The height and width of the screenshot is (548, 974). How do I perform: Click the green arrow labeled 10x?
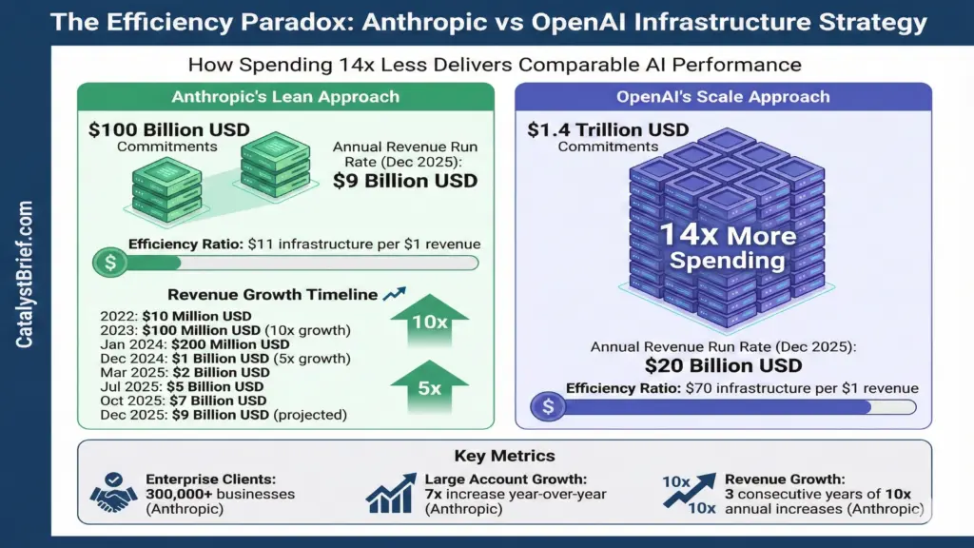click(x=429, y=321)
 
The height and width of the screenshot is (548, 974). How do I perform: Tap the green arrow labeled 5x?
click(x=429, y=386)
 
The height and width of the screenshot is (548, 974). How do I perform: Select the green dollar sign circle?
click(x=110, y=263)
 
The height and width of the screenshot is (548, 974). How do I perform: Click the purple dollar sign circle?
click(x=548, y=407)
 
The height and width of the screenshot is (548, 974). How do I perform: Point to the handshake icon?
click(x=113, y=493)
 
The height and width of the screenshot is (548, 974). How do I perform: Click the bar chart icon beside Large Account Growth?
click(x=391, y=494)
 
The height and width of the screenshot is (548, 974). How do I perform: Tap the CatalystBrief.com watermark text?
click(x=24, y=274)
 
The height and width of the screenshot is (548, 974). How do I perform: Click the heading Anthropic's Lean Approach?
click(x=285, y=97)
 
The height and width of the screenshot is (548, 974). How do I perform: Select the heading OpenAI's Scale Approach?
click(x=723, y=97)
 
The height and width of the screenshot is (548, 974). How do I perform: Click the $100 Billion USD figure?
click(x=169, y=129)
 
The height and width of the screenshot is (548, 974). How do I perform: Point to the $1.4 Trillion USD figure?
click(x=608, y=129)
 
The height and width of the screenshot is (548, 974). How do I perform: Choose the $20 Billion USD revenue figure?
click(x=723, y=365)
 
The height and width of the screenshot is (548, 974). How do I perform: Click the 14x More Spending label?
click(x=728, y=247)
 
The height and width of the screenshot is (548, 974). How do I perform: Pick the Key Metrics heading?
click(x=504, y=456)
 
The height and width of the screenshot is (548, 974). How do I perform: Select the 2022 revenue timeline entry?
click(x=176, y=316)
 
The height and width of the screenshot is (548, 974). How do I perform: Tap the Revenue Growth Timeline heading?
click(x=273, y=295)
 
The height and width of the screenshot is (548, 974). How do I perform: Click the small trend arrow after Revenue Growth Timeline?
click(x=395, y=293)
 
